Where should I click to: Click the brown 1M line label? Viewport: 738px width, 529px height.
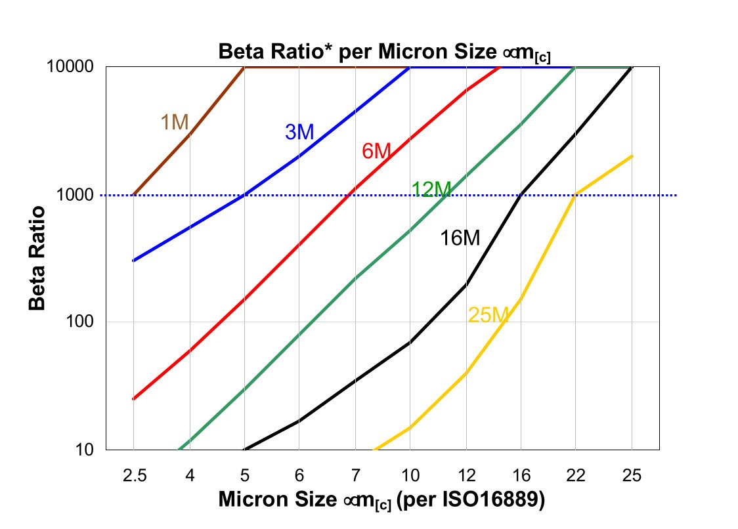pyautogui.click(x=175, y=122)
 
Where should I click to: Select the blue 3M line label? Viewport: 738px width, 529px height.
pyautogui.click(x=299, y=132)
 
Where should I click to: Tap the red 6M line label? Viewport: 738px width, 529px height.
pyautogui.click(x=376, y=152)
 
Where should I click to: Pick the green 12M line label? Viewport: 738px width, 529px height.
pyautogui.click(x=431, y=189)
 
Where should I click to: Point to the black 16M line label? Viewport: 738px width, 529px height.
pyautogui.click(x=460, y=238)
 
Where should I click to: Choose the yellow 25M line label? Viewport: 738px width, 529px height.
pyautogui.click(x=488, y=315)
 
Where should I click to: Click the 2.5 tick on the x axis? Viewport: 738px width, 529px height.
pyautogui.click(x=133, y=475)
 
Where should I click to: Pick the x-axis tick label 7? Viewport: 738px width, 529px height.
pyautogui.click(x=355, y=475)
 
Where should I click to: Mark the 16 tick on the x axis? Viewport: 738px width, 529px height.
pyautogui.click(x=521, y=475)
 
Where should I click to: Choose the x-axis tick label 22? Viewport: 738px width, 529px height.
pyautogui.click(x=576, y=475)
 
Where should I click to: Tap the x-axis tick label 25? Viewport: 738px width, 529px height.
pyautogui.click(x=632, y=475)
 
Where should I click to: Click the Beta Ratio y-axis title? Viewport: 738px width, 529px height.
pyautogui.click(x=37, y=258)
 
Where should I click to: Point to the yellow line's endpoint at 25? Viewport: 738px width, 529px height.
pyautogui.click(x=632, y=156)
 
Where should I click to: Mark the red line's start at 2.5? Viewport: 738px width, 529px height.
pyautogui.click(x=133, y=399)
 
